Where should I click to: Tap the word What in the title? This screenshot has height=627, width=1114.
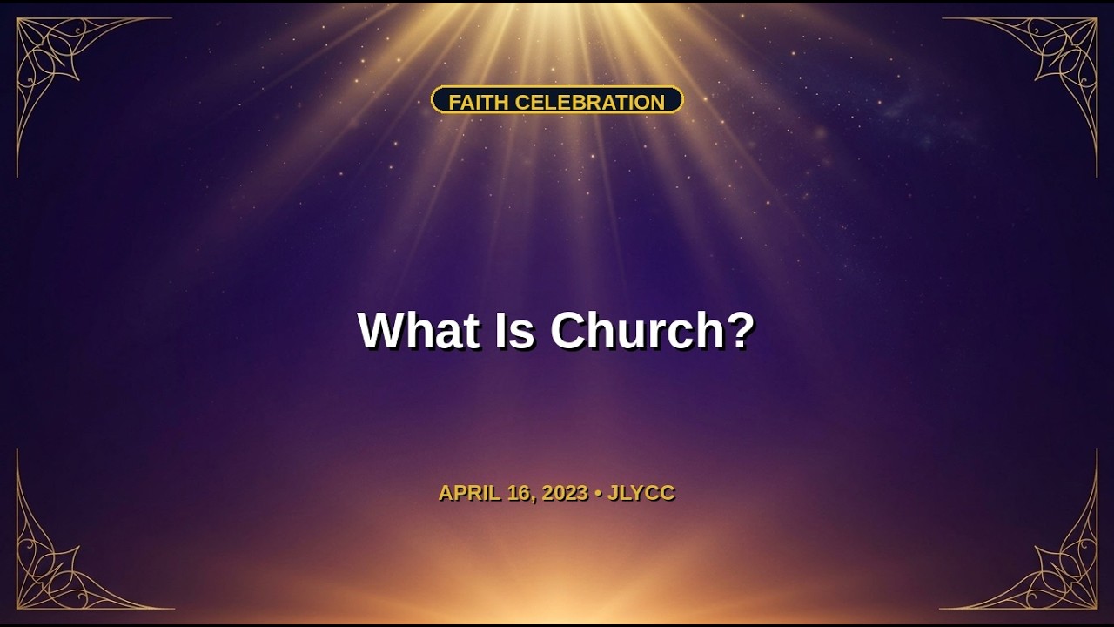419,330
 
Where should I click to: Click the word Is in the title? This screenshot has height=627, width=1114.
514,330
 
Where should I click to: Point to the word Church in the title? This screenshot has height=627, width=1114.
636,330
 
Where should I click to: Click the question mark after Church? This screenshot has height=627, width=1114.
740,330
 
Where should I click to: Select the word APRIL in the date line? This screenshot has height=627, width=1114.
469,493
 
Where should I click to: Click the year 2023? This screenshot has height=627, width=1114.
566,493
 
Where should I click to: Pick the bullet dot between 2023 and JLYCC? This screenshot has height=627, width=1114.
598,494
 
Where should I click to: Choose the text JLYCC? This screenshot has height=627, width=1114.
641,493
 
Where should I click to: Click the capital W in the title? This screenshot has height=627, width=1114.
382,330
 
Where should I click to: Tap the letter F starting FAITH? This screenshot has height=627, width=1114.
454,102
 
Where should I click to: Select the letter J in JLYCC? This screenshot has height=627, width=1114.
613,493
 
